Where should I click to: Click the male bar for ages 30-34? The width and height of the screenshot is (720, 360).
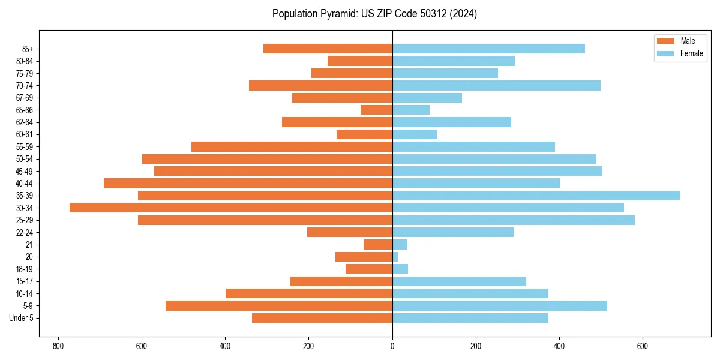[231, 208]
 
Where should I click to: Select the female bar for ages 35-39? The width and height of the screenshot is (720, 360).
[536, 196]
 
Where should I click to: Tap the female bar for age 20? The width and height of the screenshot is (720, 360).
[395, 257]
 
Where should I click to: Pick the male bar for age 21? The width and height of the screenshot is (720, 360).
[378, 245]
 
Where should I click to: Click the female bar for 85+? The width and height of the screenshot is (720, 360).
[488, 49]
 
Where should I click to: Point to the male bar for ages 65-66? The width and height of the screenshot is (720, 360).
[376, 110]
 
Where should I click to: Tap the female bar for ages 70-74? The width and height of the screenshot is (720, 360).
[496, 85]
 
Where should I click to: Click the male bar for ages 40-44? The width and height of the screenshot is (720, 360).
[248, 183]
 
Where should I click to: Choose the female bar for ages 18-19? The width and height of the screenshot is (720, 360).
[400, 269]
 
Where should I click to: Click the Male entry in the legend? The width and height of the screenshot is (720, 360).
[688, 41]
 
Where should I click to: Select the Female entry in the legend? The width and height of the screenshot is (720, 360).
[691, 53]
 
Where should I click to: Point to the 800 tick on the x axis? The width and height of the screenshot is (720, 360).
[58, 346]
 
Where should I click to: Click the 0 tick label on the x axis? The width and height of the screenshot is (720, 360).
[392, 346]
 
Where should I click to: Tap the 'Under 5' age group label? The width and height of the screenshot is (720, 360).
[22, 318]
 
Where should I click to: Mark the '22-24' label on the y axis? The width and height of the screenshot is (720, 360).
[25, 233]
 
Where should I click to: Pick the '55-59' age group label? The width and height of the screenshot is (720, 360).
[25, 147]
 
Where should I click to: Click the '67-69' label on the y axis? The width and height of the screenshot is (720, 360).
[25, 98]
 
